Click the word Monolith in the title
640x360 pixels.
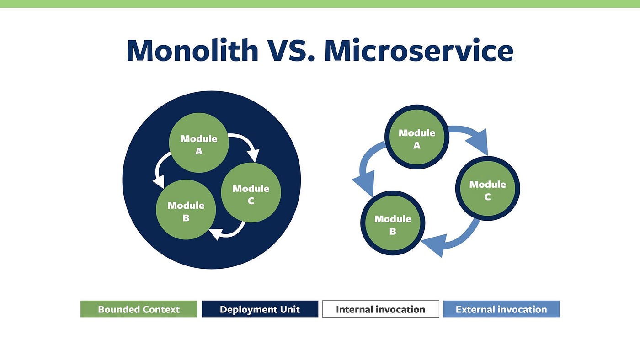pos(192,51)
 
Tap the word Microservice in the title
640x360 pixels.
pos(419,51)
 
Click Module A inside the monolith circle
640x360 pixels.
pos(199,143)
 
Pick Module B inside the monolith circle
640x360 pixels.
pos(186,210)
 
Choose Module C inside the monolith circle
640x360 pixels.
pos(251,192)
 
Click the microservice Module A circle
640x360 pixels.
pos(417,137)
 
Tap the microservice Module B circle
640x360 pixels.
pos(393,223)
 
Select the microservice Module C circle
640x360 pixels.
pos(488,188)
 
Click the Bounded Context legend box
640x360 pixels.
pos(139,309)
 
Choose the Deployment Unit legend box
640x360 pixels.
pos(260,309)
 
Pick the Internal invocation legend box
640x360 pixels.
pos(380,309)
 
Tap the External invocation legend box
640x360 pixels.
pos(501,309)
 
